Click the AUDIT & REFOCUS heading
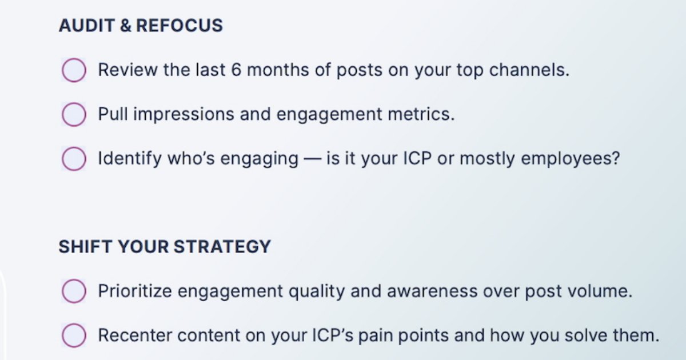(141, 26)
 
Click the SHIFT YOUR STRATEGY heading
(165, 247)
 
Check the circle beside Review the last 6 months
(74, 70)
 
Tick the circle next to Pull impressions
(74, 114)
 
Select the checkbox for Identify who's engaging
(74, 158)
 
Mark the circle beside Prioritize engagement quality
(74, 291)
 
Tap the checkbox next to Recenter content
(74, 335)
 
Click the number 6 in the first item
(236, 70)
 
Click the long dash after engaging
(312, 159)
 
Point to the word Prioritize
(135, 291)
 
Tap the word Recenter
(133, 335)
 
